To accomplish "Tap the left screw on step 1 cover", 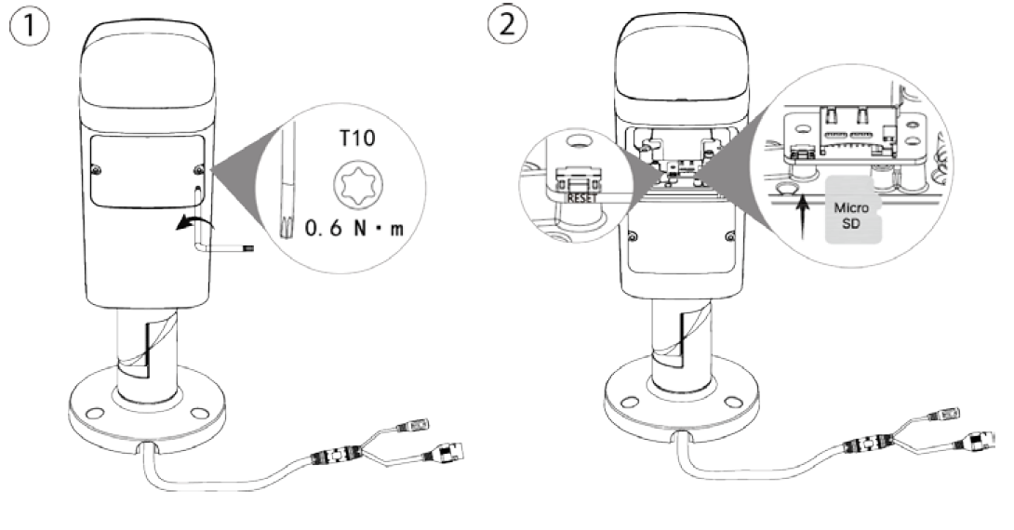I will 98,169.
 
